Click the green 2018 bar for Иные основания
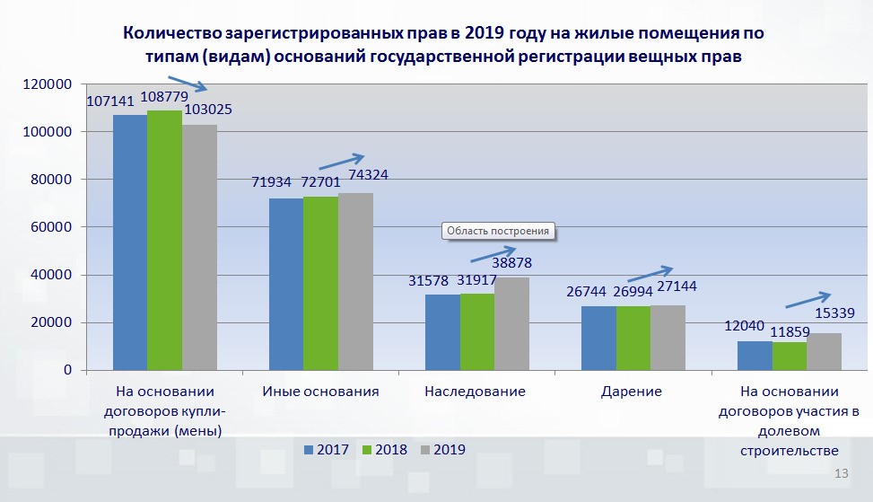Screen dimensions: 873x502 320,284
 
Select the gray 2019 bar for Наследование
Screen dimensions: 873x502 511,323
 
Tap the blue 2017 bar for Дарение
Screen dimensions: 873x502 598,339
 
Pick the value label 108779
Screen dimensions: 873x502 164,97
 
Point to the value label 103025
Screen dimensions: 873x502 208,110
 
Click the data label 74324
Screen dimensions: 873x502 368,174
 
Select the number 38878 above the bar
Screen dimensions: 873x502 511,262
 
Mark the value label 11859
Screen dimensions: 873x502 790,332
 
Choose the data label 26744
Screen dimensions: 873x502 586,292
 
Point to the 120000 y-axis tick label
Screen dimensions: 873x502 48,84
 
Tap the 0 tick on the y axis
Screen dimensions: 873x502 68,370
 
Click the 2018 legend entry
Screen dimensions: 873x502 385,450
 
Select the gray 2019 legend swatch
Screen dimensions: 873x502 425,450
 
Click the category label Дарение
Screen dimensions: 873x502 632,392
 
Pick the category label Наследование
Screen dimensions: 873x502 475,392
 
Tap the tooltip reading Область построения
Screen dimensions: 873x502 498,231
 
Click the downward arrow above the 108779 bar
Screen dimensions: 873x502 188,83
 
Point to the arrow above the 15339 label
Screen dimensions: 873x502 808,300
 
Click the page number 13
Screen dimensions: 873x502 842,473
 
